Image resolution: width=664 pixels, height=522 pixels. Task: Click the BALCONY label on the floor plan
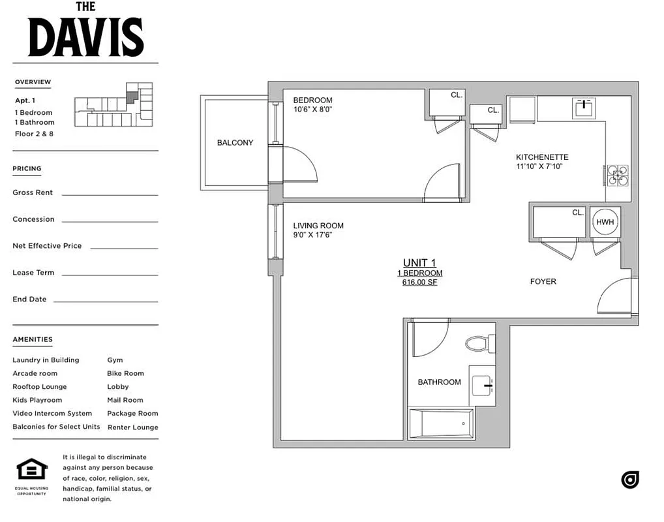(x=235, y=143)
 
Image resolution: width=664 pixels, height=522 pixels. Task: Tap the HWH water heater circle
(x=604, y=222)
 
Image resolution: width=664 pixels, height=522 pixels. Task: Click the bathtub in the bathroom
(x=440, y=423)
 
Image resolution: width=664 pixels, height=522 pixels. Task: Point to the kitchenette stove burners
(x=617, y=174)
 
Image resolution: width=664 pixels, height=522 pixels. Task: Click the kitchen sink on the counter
(x=584, y=107)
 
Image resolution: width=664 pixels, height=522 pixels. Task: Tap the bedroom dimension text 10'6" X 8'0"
(x=312, y=110)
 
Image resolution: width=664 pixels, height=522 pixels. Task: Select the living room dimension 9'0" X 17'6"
(x=312, y=235)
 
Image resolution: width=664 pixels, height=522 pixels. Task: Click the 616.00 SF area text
(x=419, y=283)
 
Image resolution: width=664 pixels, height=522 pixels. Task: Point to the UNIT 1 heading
(x=419, y=263)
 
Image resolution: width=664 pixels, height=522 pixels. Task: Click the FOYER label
(x=543, y=281)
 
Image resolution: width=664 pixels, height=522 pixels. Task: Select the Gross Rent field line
(x=110, y=194)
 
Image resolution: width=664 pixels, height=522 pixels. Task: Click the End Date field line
(x=106, y=301)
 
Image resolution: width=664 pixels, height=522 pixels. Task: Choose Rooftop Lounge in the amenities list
(x=40, y=387)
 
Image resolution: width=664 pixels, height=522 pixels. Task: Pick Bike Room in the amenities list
(x=125, y=374)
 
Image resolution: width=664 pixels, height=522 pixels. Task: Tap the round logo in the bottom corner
(x=629, y=480)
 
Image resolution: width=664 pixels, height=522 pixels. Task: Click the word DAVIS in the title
(x=85, y=37)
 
